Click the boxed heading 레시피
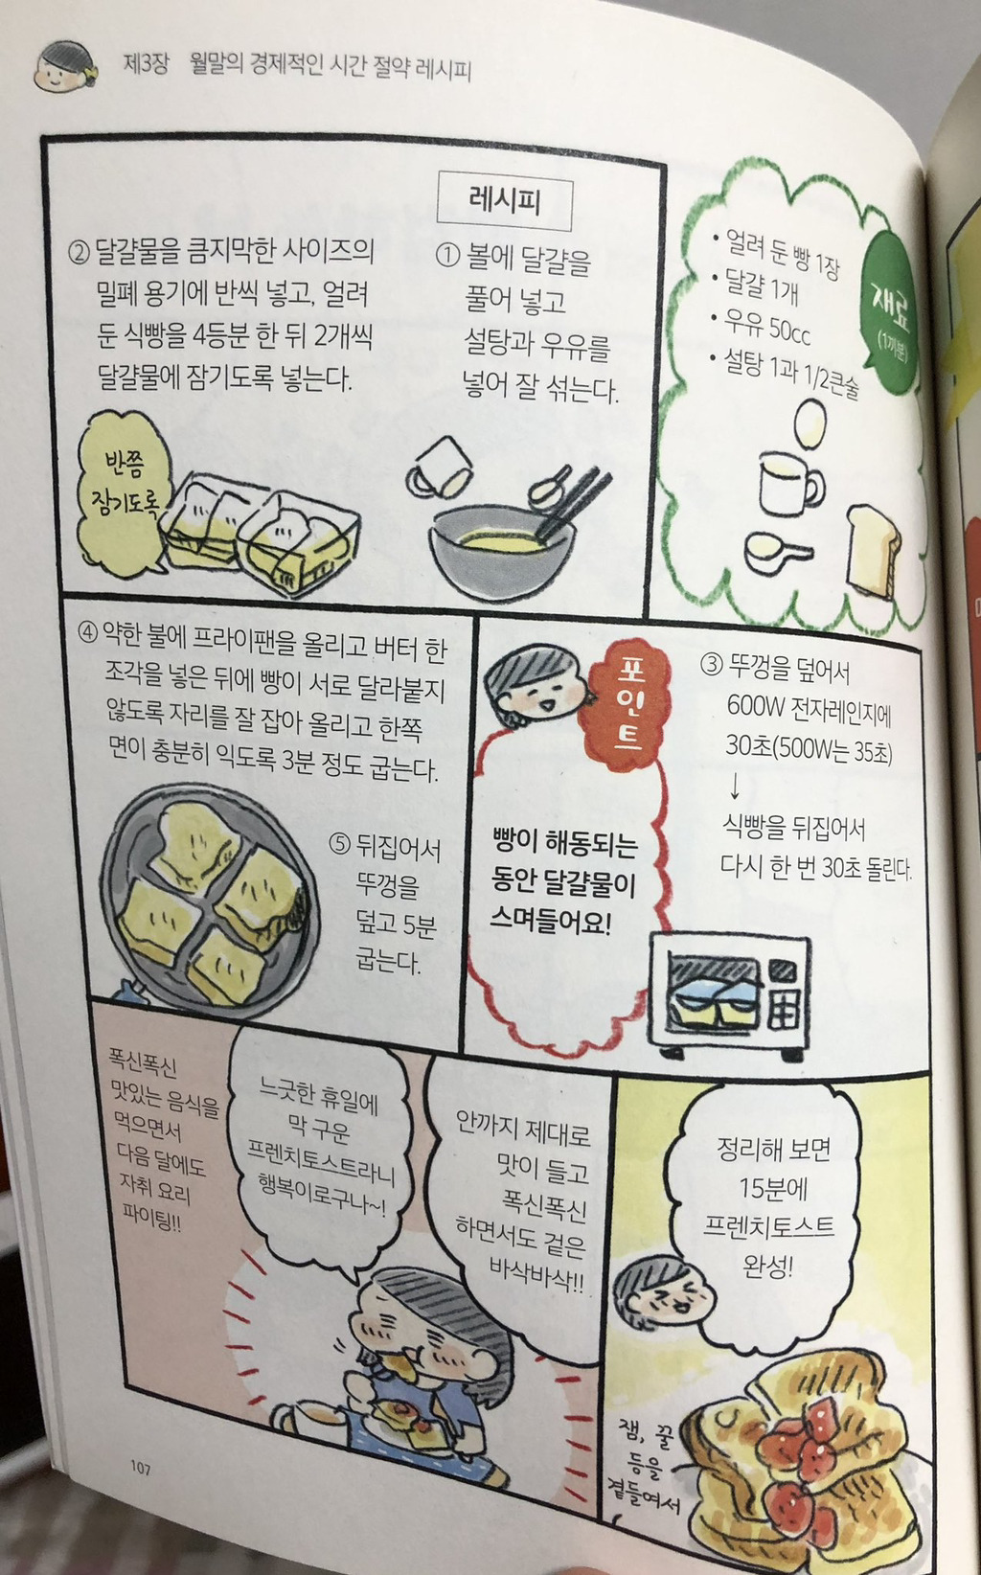pos(504,201)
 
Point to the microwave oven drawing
pos(729,995)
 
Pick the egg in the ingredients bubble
pos(810,422)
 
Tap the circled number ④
pos(87,632)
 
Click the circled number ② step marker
pos(79,251)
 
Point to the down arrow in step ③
pos(734,787)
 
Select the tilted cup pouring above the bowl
pos(439,467)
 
